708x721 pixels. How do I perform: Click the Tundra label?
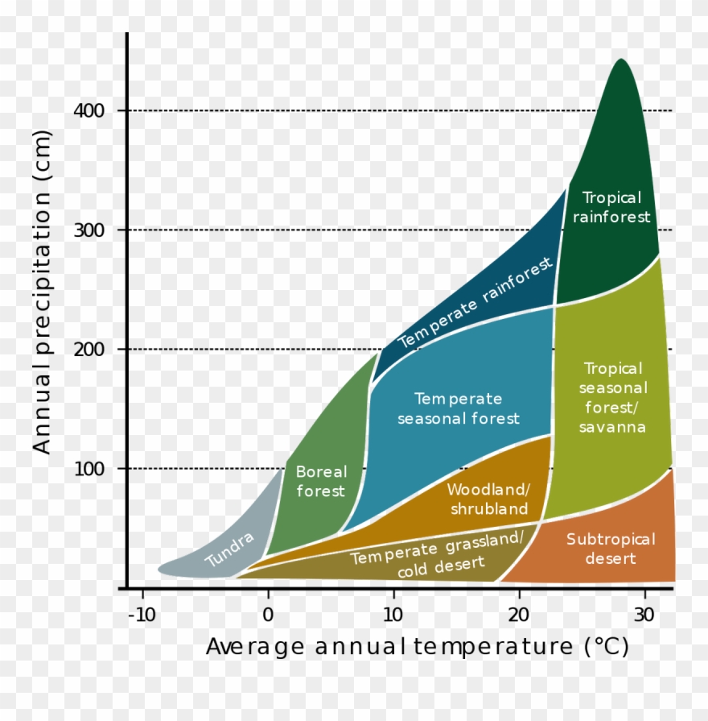pyautogui.click(x=229, y=549)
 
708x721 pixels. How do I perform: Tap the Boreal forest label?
pyautogui.click(x=321, y=481)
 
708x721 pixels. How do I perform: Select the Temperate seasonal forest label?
pyautogui.click(x=459, y=408)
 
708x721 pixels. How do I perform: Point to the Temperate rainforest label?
pyautogui.click(x=475, y=303)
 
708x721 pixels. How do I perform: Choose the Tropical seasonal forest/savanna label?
pyautogui.click(x=613, y=397)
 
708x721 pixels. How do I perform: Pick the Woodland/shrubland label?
pyautogui.click(x=489, y=499)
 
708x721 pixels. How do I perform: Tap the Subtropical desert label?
pyautogui.click(x=611, y=549)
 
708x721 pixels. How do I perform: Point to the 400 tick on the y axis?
pyautogui.click(x=89, y=110)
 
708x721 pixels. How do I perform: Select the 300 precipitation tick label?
pyautogui.click(x=89, y=230)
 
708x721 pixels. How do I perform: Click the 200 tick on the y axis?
pyautogui.click(x=89, y=349)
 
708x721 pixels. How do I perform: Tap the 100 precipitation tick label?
pyautogui.click(x=89, y=468)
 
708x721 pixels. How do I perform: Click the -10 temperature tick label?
pyautogui.click(x=142, y=615)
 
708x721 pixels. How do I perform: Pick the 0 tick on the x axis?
pyautogui.click(x=268, y=615)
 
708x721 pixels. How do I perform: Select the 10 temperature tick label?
pyautogui.click(x=393, y=615)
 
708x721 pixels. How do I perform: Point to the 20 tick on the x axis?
pyautogui.click(x=519, y=615)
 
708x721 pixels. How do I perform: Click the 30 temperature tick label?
pyautogui.click(x=644, y=615)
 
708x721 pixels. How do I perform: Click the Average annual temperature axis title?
pyautogui.click(x=417, y=647)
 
